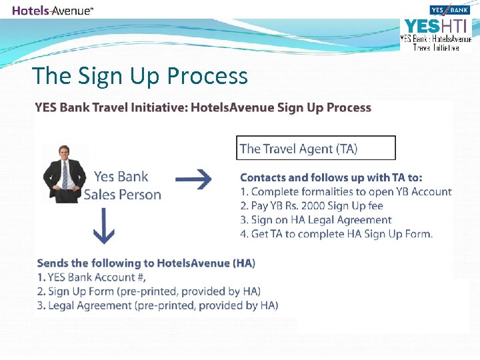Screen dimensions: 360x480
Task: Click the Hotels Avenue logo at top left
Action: tap(53, 10)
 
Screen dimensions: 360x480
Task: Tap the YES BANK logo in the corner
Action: tap(450, 10)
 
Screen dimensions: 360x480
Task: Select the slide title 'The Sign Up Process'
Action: tap(140, 75)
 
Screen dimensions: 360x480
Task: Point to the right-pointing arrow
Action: tap(193, 179)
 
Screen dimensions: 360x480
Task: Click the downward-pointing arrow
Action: tap(104, 227)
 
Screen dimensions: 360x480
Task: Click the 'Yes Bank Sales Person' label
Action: tap(122, 185)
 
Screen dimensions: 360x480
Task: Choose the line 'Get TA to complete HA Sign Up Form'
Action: tap(336, 233)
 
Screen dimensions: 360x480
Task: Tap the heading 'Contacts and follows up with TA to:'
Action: tap(331, 177)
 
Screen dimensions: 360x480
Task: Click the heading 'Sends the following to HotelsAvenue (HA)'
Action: tap(146, 263)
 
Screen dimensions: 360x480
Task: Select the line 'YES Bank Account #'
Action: tap(92, 277)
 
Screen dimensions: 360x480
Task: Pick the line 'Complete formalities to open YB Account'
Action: tap(345, 191)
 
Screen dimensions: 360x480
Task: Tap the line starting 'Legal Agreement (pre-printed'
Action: tap(157, 305)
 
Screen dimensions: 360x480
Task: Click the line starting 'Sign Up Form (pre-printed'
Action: tap(149, 291)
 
